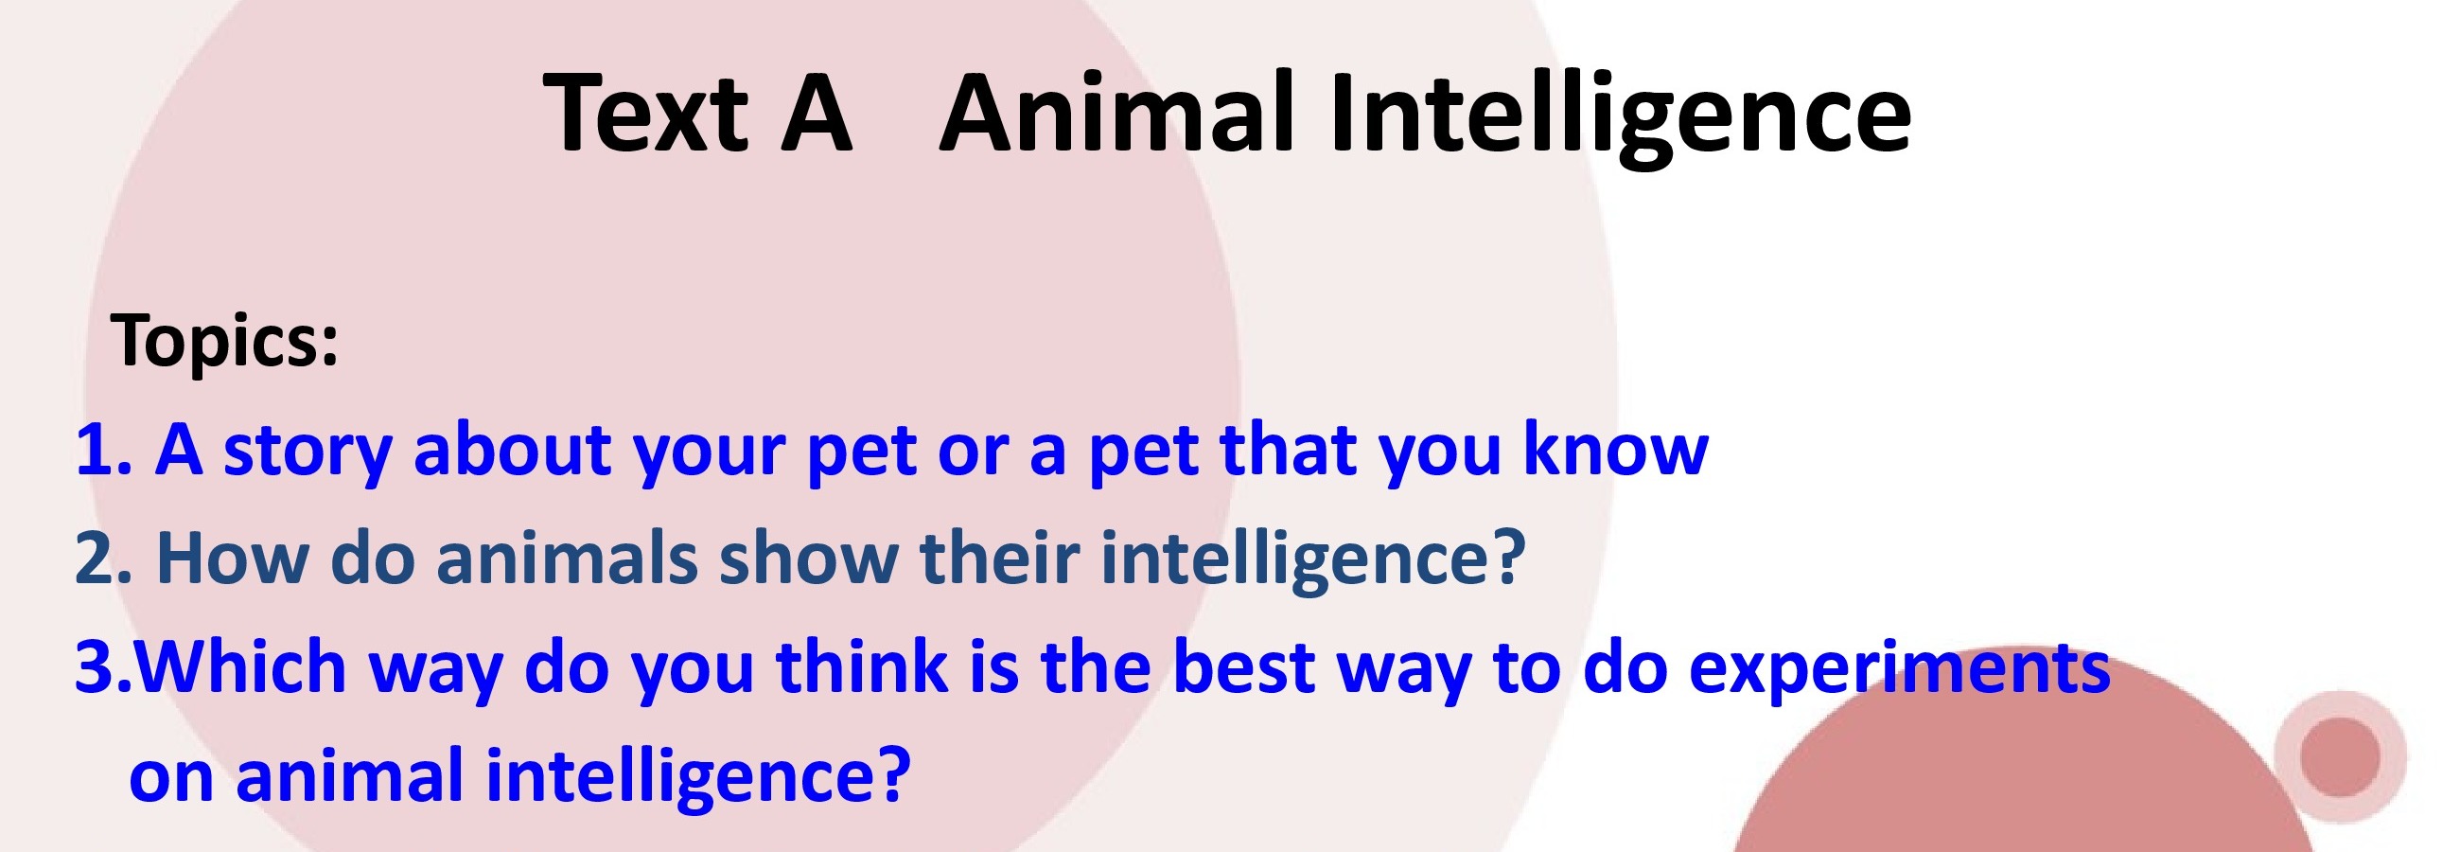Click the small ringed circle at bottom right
tap(2340, 756)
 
